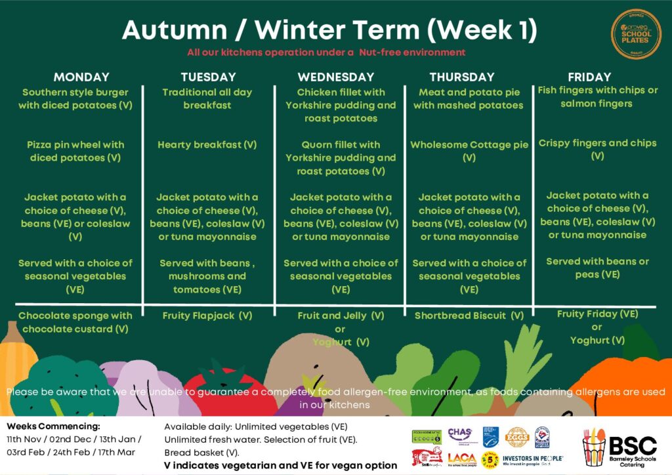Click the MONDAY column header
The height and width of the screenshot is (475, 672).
click(81, 77)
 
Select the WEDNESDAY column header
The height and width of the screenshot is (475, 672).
click(335, 77)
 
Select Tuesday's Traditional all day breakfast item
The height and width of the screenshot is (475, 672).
click(207, 98)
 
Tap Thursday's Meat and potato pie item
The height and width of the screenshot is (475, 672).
click(468, 98)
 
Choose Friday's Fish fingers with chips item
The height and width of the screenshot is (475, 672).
click(597, 96)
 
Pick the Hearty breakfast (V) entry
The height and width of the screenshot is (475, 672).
click(207, 145)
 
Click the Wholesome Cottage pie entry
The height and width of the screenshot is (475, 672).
click(469, 151)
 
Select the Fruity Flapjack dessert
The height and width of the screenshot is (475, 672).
click(207, 316)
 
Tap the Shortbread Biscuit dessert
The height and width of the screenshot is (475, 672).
click(469, 316)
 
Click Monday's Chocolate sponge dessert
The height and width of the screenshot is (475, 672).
click(75, 322)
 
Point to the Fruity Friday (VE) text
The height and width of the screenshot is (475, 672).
click(597, 314)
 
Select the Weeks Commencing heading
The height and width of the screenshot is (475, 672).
click(44, 426)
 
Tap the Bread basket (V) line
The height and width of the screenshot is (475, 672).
click(202, 452)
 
